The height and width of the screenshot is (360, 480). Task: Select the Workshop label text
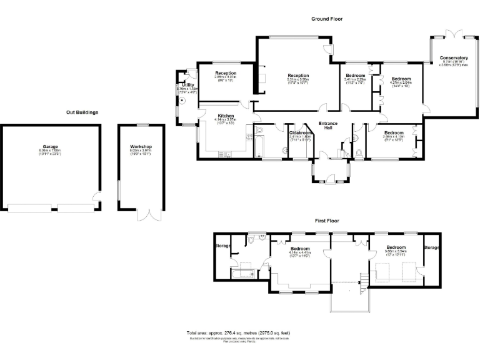141,147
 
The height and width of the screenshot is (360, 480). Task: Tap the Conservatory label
453,58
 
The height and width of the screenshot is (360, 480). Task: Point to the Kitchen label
226,116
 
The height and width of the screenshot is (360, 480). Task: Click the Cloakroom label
300,132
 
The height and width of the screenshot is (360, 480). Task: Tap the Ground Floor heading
327,19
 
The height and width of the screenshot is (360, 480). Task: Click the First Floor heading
327,221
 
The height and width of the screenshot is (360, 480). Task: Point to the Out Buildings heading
82,112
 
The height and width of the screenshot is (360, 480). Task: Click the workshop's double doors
149,216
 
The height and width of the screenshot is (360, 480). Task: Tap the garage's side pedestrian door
96,199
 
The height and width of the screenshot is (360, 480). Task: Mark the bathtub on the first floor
242,272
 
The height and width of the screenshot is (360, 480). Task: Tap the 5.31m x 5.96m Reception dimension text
298,81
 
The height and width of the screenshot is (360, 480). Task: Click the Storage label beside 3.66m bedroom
431,248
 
